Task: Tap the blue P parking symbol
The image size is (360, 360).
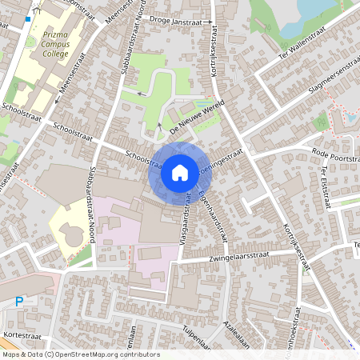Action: point(20,302)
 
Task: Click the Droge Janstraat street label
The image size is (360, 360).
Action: point(178,22)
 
